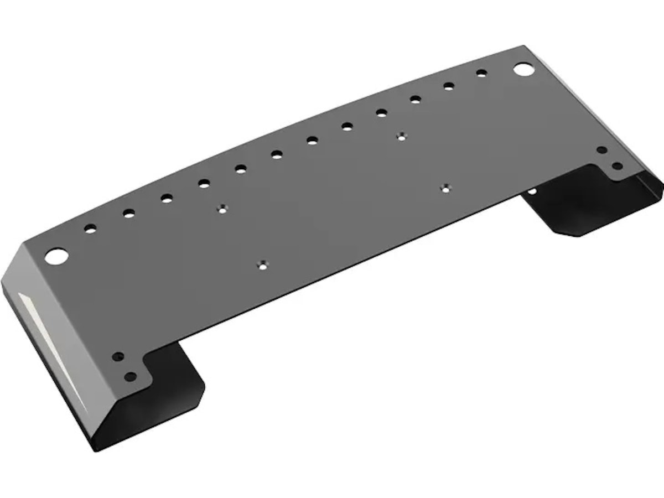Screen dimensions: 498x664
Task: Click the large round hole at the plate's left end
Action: (56, 256)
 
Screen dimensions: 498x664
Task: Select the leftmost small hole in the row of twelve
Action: (90, 228)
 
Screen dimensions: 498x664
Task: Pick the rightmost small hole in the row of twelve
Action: (481, 72)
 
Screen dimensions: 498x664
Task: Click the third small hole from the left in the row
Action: (167, 198)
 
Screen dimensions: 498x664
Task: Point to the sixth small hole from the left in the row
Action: (277, 154)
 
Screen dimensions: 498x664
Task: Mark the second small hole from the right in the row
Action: (449, 86)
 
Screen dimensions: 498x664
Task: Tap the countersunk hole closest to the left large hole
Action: (222, 209)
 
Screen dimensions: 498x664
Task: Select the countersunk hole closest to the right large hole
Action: (402, 136)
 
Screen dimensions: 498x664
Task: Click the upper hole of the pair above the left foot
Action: (117, 357)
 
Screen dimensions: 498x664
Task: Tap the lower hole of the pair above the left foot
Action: (130, 377)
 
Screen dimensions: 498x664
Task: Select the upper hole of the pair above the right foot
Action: (601, 150)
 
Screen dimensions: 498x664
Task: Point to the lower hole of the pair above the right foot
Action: (617, 165)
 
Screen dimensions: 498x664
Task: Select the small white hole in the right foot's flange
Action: (532, 191)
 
